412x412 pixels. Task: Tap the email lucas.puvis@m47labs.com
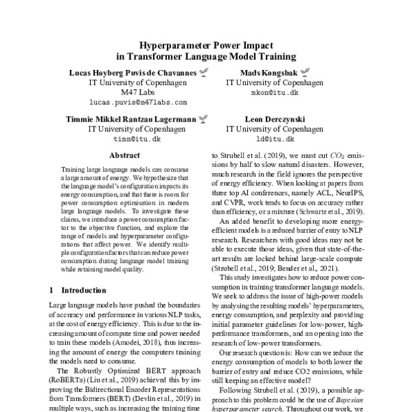click(x=138, y=101)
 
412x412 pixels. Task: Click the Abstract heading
click(x=125, y=156)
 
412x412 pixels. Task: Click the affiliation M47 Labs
click(x=138, y=91)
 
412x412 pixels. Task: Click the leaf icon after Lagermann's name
click(x=202, y=119)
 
